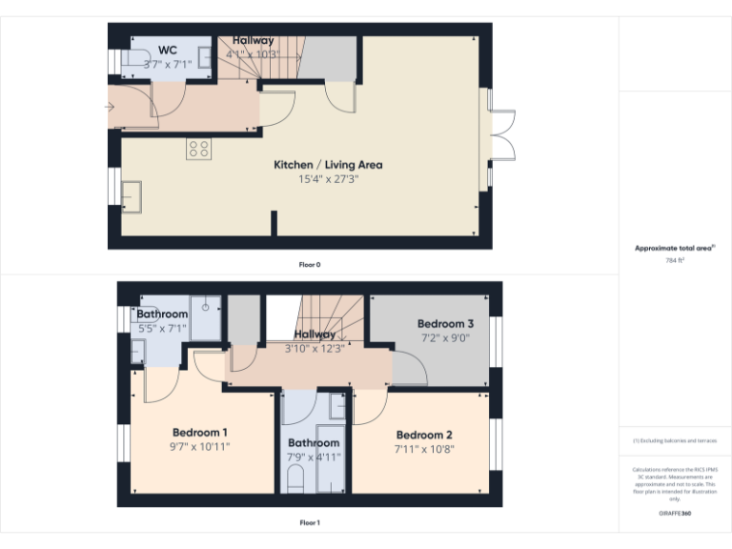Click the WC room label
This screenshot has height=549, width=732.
tap(168, 51)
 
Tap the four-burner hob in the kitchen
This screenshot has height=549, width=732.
tap(199, 148)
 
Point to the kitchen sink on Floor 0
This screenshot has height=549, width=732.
tap(132, 194)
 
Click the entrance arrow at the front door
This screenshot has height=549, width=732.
tap(109, 106)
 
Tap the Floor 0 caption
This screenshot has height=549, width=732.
tap(309, 264)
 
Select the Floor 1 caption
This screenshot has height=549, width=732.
tap(309, 522)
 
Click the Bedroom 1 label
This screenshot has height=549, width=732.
tap(200, 432)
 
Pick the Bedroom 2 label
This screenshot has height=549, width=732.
tap(424, 436)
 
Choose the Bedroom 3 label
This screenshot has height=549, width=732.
tap(445, 324)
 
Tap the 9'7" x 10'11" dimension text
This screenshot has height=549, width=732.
tap(200, 446)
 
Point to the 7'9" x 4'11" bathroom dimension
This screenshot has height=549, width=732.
tap(314, 457)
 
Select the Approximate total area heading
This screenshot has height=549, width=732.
tap(674, 248)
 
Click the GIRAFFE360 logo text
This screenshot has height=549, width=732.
tap(675, 514)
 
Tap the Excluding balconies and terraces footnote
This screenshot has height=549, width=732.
tap(675, 441)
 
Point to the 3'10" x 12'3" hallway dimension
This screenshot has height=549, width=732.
tap(314, 348)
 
